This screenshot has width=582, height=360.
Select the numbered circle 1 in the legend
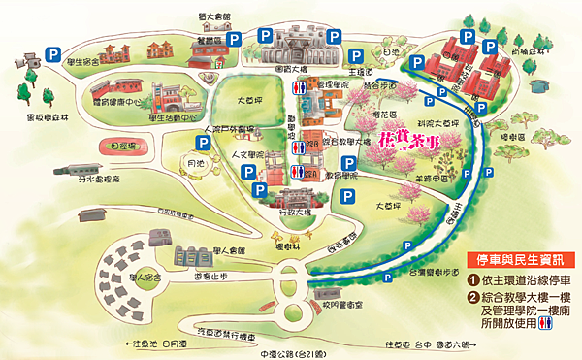[472, 281]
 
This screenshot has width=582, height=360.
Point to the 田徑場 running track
[124, 147]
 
